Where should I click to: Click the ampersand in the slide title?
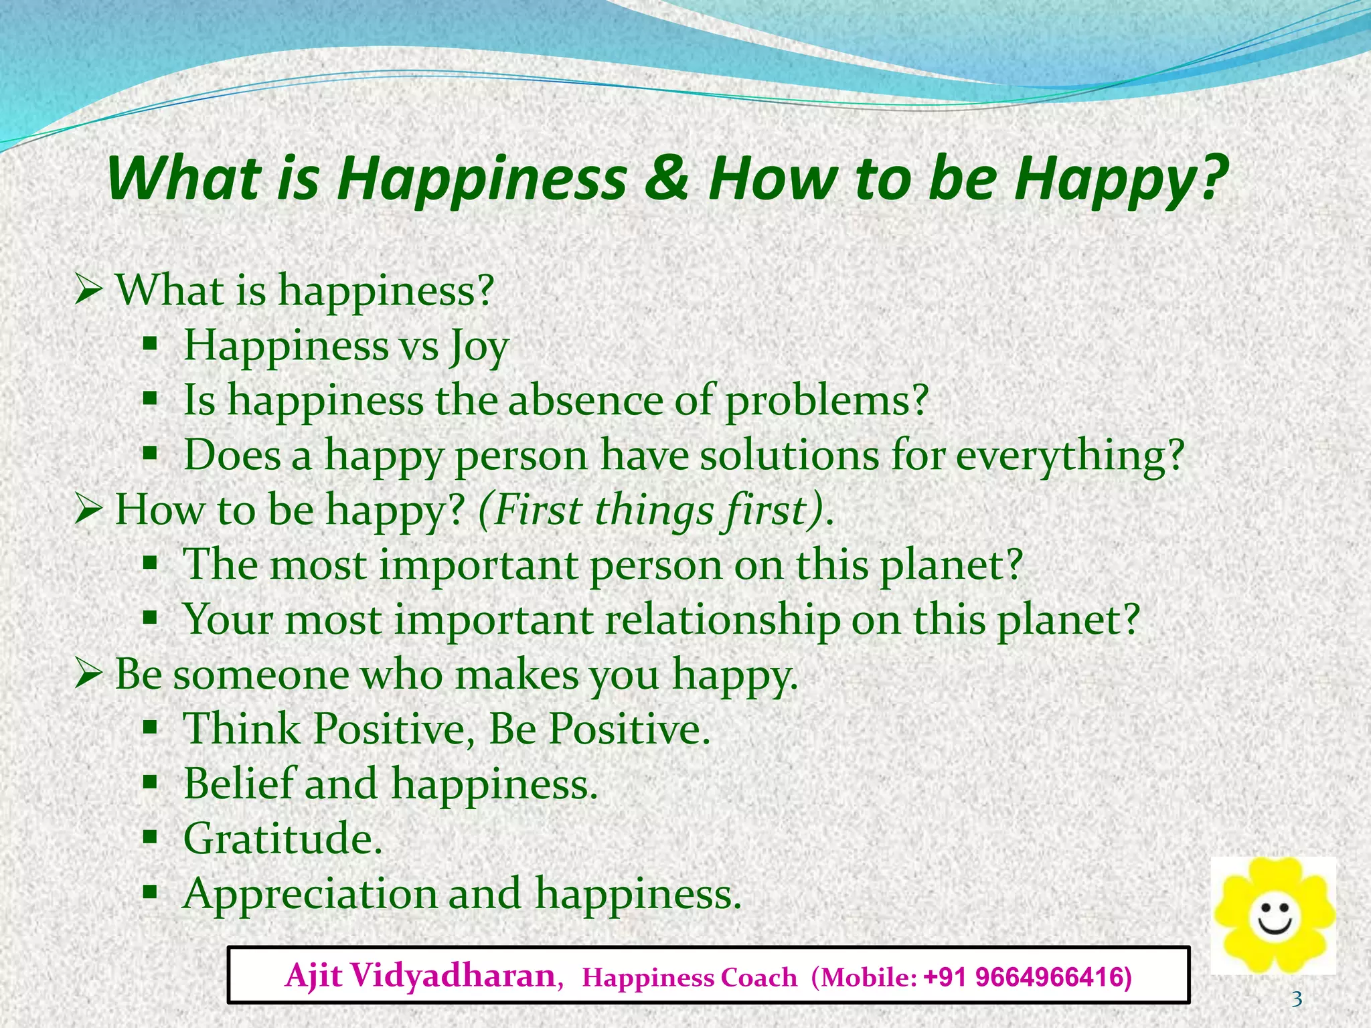(666, 179)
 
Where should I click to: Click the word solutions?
(789, 455)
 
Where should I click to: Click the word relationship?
(722, 619)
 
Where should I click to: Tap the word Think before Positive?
(242, 729)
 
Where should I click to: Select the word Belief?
(239, 783)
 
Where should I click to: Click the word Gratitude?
(282, 838)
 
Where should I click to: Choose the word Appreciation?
(309, 893)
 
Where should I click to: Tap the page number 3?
(1297, 999)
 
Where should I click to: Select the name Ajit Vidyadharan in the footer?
(420, 976)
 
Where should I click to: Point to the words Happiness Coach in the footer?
(690, 978)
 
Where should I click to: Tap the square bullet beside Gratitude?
(150, 837)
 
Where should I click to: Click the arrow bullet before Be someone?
(88, 674)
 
